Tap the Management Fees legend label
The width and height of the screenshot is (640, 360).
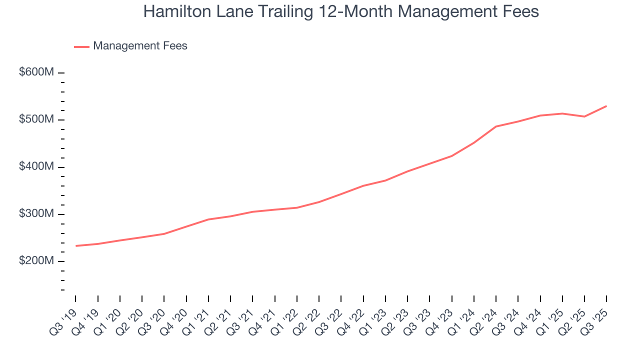140,46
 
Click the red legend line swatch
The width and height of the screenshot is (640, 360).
81,46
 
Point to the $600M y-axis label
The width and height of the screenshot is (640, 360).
36,72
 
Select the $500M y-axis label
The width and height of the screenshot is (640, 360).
36,120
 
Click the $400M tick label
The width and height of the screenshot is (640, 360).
36,167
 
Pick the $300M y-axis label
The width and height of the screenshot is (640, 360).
36,214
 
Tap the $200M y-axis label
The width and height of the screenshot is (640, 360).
36,261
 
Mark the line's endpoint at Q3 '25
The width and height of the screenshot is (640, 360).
606,106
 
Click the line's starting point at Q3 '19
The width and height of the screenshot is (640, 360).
76,246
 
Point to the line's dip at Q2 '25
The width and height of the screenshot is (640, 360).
584,116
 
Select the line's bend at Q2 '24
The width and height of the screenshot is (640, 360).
495,126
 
